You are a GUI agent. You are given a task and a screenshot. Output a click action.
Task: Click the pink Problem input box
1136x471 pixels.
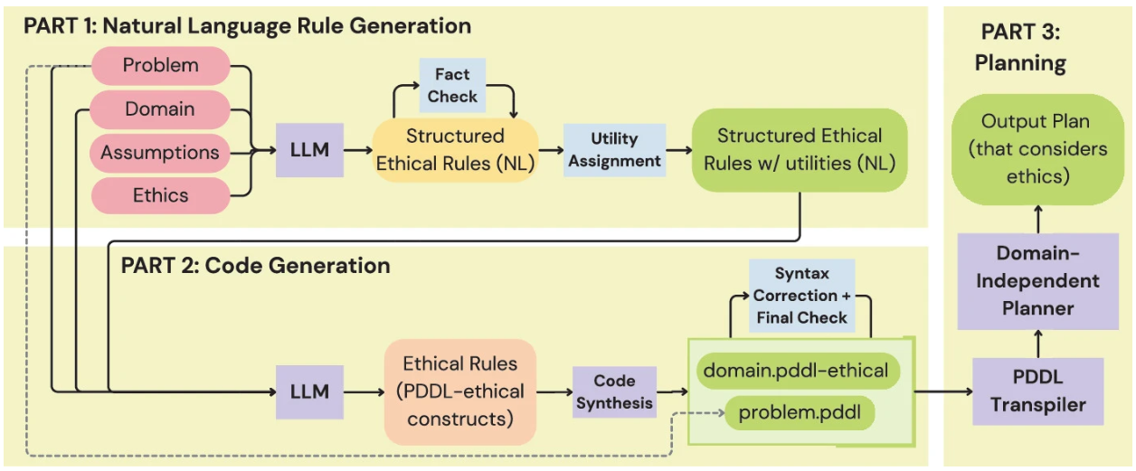click(161, 66)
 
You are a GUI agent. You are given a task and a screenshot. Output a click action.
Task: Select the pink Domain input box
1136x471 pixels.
click(159, 109)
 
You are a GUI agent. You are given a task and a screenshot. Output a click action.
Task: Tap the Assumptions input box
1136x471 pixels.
click(160, 152)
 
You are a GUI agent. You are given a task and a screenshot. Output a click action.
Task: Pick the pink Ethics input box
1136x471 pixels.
click(160, 195)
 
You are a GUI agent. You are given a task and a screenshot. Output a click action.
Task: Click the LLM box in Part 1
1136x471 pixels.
click(310, 150)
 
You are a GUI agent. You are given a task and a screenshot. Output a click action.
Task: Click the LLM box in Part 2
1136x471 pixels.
click(310, 392)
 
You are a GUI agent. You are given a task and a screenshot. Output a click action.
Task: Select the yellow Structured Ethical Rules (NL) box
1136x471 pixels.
click(455, 149)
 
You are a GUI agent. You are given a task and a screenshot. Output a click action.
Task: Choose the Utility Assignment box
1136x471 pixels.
click(614, 150)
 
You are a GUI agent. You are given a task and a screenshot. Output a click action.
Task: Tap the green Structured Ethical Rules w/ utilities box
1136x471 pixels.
click(800, 149)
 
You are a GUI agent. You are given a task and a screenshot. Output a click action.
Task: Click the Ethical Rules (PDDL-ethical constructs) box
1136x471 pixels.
click(460, 392)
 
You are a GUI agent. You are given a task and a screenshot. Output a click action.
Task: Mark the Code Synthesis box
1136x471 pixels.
click(614, 392)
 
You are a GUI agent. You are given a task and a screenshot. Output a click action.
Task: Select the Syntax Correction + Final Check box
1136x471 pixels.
click(801, 296)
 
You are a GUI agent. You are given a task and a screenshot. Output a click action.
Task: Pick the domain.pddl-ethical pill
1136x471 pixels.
click(796, 370)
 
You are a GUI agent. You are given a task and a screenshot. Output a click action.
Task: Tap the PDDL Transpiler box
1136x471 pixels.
click(1038, 391)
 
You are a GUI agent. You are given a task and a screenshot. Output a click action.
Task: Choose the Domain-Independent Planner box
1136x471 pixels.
click(1038, 281)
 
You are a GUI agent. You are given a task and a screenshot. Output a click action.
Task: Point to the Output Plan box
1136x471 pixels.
click(1037, 148)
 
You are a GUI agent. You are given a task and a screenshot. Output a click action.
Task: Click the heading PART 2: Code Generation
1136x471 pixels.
click(256, 266)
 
